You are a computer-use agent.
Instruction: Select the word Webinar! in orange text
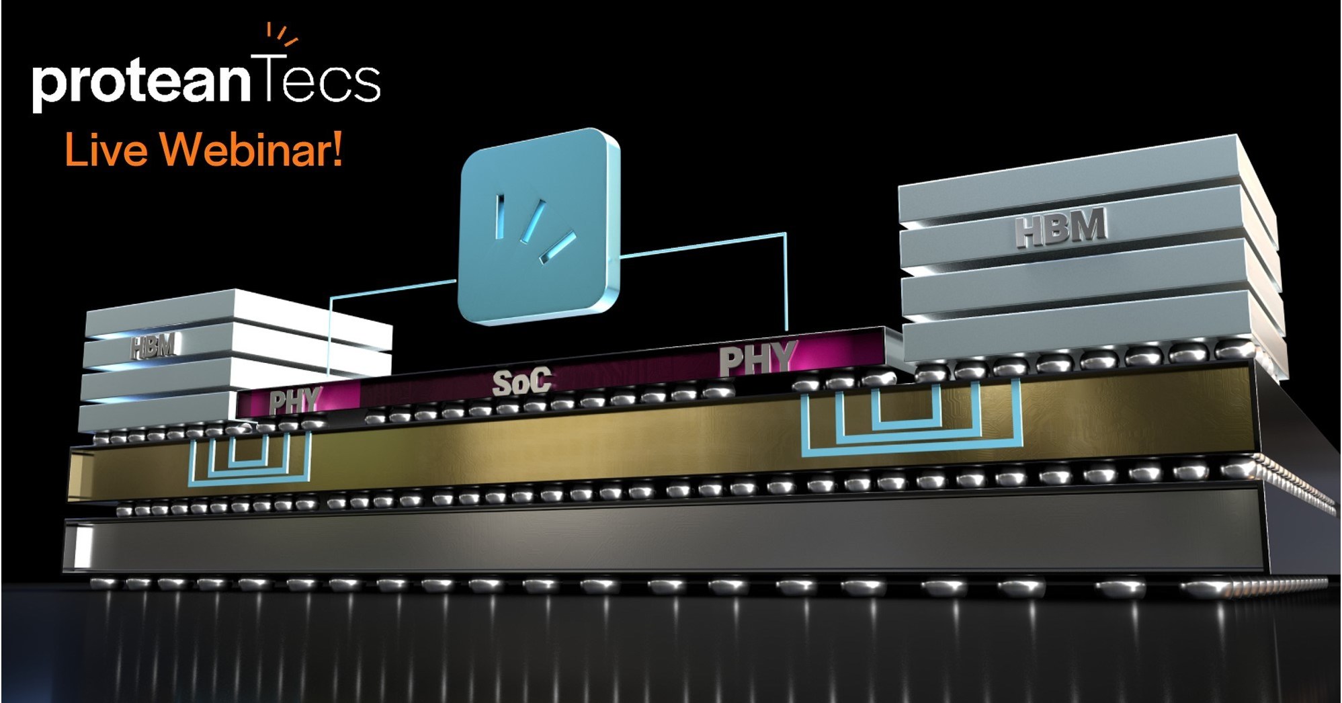click(x=251, y=149)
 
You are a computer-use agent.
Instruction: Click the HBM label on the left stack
click(x=153, y=347)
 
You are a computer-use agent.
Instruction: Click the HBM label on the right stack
click(x=1060, y=226)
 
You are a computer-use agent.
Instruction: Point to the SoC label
click(x=521, y=382)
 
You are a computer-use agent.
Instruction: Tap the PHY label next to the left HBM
click(x=294, y=402)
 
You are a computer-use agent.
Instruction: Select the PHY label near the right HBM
click(x=758, y=359)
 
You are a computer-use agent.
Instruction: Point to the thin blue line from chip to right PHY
click(x=786, y=282)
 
